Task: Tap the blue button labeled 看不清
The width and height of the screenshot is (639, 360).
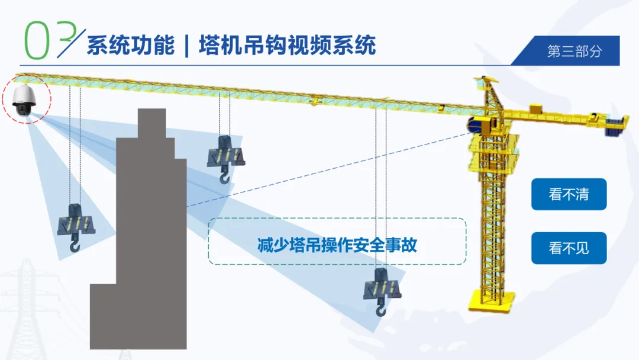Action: tap(569, 194)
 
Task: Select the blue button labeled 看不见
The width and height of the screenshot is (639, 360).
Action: tap(569, 247)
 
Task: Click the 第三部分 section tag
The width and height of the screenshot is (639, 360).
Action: tap(574, 51)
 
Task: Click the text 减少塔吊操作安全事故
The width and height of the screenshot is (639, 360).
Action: tap(337, 245)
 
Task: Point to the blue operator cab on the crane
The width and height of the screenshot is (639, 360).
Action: tap(480, 124)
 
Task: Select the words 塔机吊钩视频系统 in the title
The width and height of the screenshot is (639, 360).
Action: tap(287, 46)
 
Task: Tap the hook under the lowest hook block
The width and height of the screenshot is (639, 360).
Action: tap(380, 309)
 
